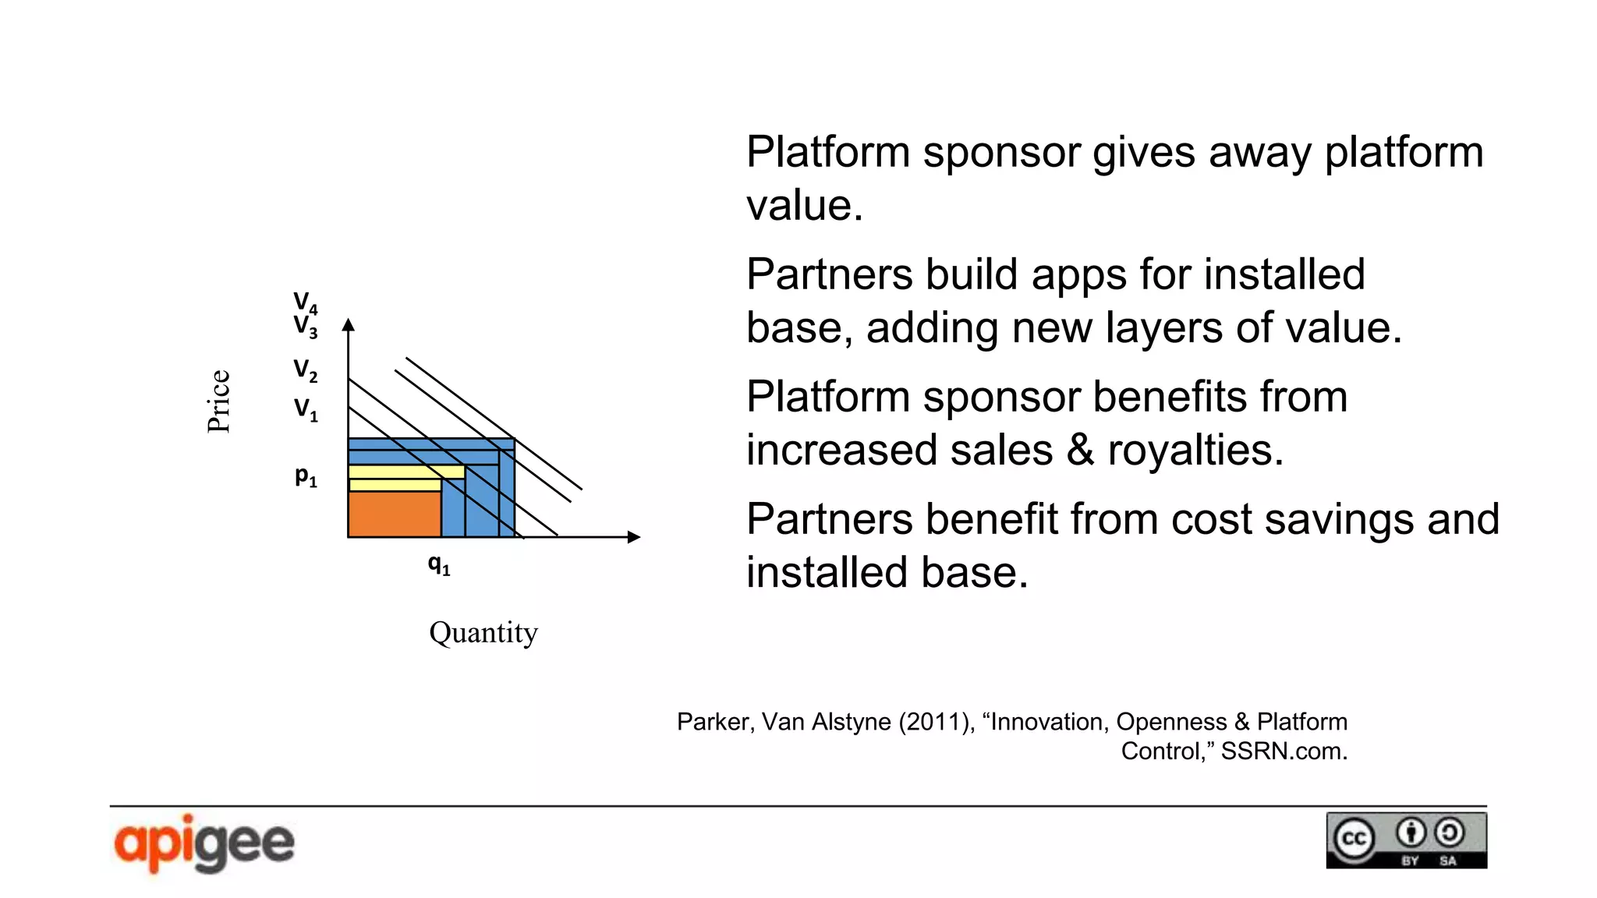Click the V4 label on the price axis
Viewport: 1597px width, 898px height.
point(305,302)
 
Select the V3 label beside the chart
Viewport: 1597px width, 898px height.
point(305,327)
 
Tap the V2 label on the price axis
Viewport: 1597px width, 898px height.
point(305,369)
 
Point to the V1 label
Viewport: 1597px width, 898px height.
point(305,409)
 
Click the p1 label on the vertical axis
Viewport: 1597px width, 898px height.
point(306,476)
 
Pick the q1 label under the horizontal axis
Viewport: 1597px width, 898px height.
point(439,564)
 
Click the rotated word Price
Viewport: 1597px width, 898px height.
point(218,401)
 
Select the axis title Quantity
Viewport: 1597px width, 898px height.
point(483,632)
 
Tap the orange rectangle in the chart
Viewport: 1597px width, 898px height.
point(394,514)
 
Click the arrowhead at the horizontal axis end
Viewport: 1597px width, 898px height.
point(634,536)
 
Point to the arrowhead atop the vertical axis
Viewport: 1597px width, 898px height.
point(349,324)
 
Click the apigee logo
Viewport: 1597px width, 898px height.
point(204,843)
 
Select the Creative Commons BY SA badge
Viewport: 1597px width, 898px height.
point(1406,840)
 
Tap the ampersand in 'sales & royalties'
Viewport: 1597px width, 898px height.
point(1079,450)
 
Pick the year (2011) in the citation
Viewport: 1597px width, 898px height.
point(933,722)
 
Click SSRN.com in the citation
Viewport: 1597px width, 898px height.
point(1284,751)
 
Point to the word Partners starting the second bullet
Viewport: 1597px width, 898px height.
point(829,274)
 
